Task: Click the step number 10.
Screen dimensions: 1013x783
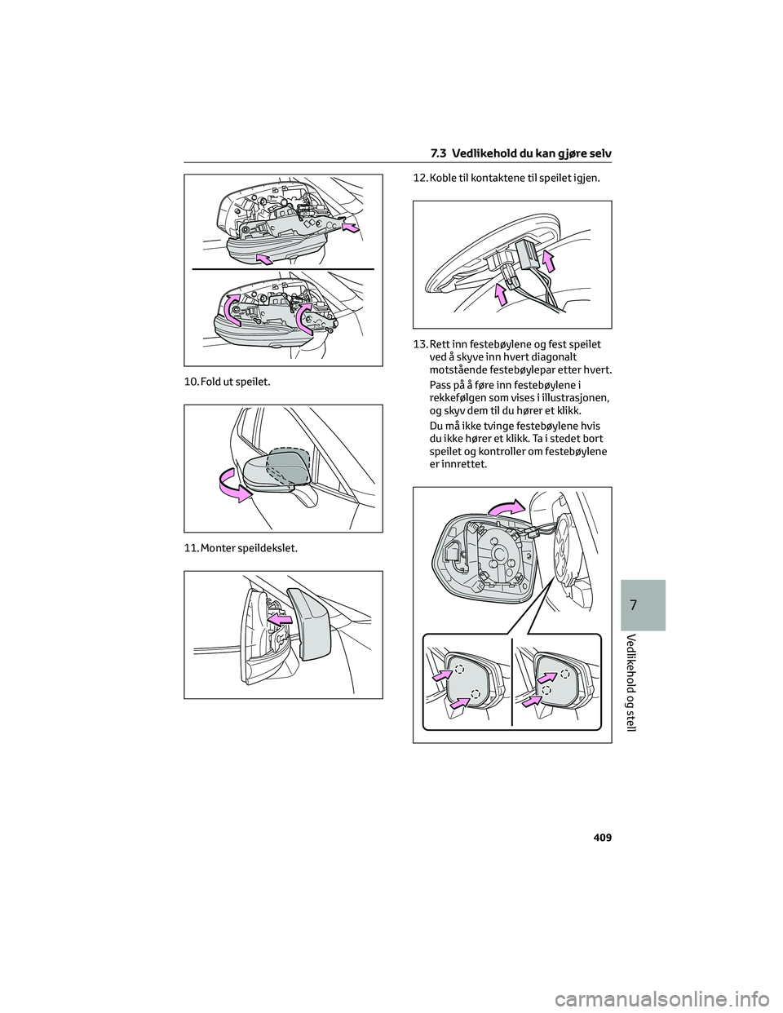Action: coord(192,382)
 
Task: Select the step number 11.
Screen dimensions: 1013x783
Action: coord(192,548)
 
